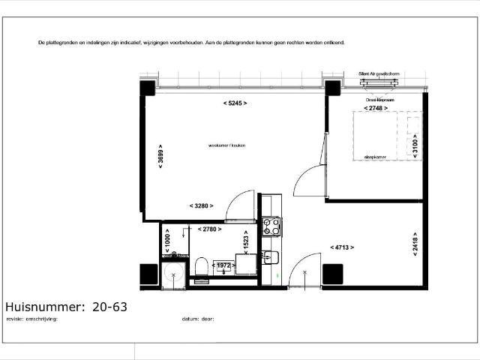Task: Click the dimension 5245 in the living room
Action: (x=235, y=102)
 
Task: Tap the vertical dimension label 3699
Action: (x=161, y=157)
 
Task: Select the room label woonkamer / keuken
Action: (x=227, y=145)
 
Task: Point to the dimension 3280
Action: (x=202, y=205)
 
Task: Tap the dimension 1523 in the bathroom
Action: (x=245, y=241)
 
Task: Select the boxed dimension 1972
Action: (x=223, y=265)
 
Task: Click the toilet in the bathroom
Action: (x=200, y=267)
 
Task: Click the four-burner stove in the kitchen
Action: (x=271, y=226)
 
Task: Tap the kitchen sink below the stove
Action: (x=271, y=258)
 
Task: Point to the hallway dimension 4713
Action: (x=341, y=246)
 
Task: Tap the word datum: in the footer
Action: (x=190, y=319)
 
